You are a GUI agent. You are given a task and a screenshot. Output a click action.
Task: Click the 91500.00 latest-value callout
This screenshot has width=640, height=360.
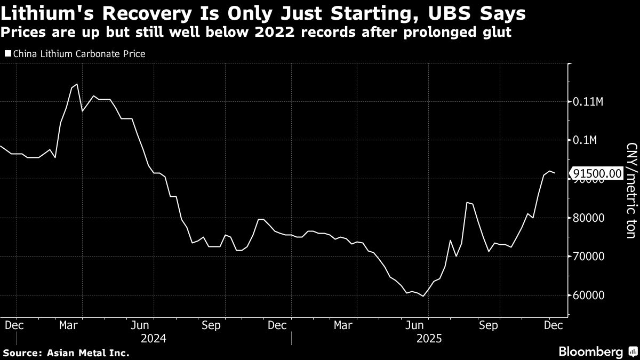click(597, 173)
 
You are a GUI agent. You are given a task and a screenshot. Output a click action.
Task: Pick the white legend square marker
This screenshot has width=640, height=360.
click(7, 54)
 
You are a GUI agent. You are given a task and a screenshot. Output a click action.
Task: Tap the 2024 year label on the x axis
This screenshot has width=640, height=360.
click(154, 338)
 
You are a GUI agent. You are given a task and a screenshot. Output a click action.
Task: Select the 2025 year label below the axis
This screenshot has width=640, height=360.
click(429, 338)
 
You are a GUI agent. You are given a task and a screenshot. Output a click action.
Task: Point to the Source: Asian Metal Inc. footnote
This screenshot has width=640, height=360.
click(66, 353)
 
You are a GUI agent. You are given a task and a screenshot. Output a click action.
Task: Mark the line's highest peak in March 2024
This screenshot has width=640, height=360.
click(77, 84)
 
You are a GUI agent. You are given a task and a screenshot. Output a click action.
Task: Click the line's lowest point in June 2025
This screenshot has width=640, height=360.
click(423, 295)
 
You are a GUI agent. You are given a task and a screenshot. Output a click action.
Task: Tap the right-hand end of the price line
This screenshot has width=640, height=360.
click(555, 173)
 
